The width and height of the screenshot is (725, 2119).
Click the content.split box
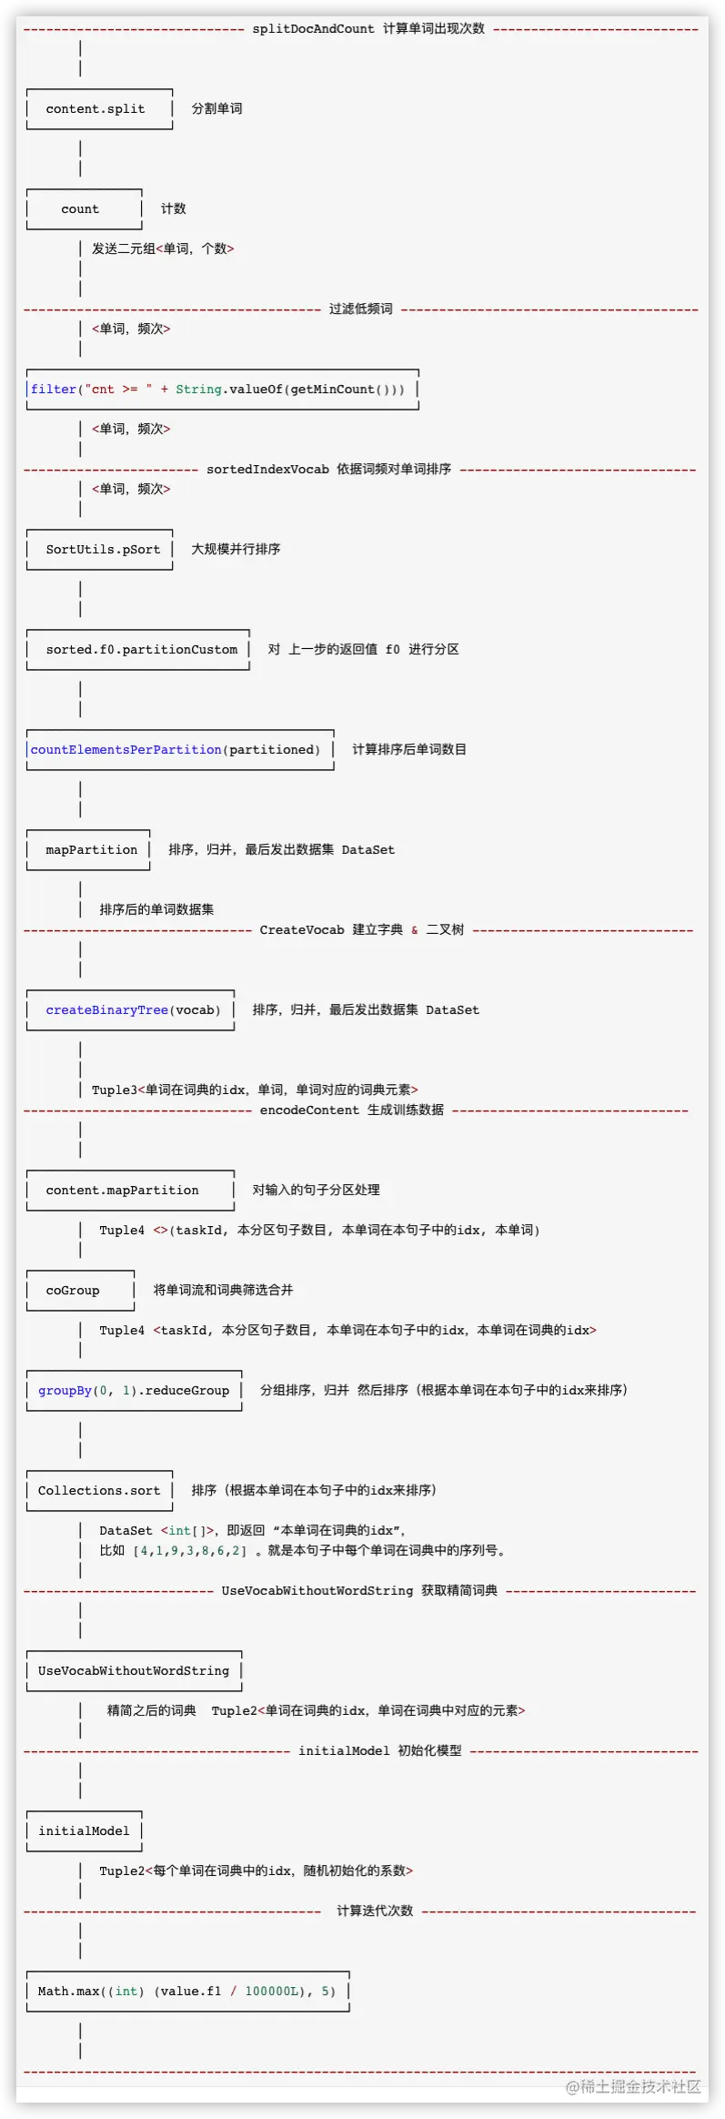99,109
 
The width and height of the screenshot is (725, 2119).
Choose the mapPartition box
88,850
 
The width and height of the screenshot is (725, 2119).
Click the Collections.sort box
99,1491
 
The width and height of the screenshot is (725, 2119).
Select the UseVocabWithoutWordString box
134,1671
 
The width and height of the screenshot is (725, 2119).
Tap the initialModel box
84,1831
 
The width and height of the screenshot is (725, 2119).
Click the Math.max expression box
187,1992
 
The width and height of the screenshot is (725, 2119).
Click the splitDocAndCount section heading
368,29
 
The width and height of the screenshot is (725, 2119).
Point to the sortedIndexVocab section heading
328,470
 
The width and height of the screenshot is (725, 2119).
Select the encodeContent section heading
351,1110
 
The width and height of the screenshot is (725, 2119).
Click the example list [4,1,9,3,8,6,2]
189,1551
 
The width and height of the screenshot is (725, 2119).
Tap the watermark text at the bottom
633,2085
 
